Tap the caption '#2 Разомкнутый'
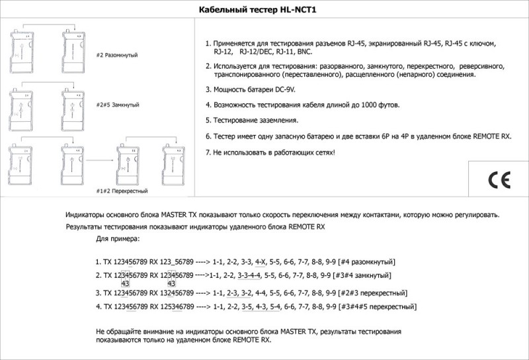(117, 55)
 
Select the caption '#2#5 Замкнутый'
(118, 105)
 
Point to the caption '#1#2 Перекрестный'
(122, 191)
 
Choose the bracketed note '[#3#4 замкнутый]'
(366, 275)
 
